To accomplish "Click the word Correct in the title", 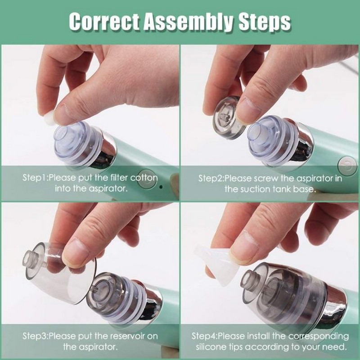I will [103, 21].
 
